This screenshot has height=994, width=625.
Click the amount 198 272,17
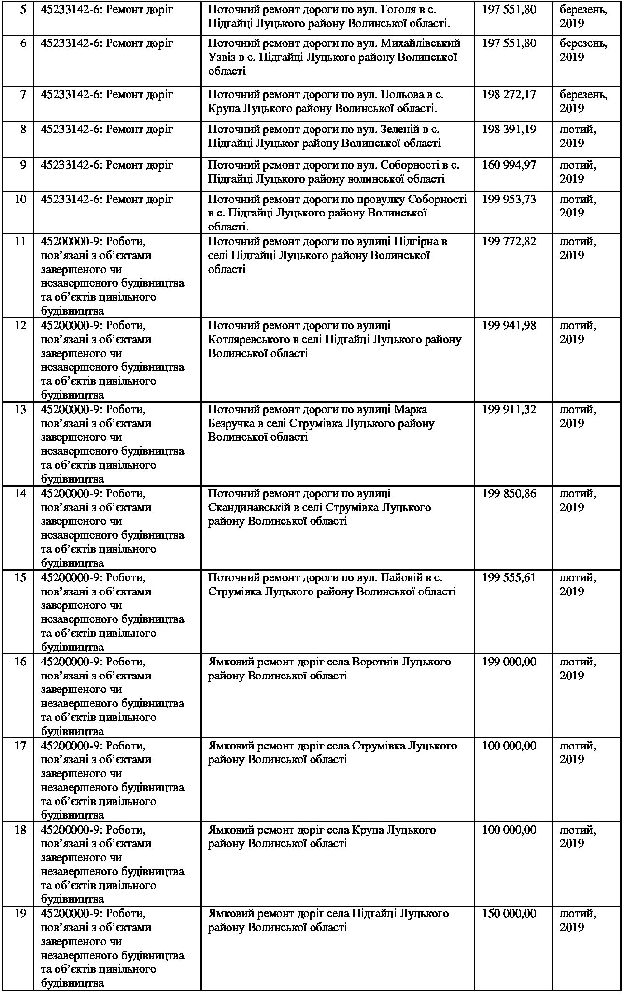(509, 94)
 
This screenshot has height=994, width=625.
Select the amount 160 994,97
(509, 165)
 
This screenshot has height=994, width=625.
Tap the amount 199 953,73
(509, 199)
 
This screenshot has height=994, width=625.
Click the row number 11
(20, 241)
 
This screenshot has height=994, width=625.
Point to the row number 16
(20, 662)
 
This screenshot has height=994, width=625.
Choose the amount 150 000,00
(509, 914)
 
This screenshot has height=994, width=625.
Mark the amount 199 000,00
(509, 662)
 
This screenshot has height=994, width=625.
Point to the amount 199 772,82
(509, 241)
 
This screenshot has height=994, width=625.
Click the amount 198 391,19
(509, 130)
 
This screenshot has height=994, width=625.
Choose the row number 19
(20, 914)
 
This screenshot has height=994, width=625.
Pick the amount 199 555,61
(509, 578)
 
